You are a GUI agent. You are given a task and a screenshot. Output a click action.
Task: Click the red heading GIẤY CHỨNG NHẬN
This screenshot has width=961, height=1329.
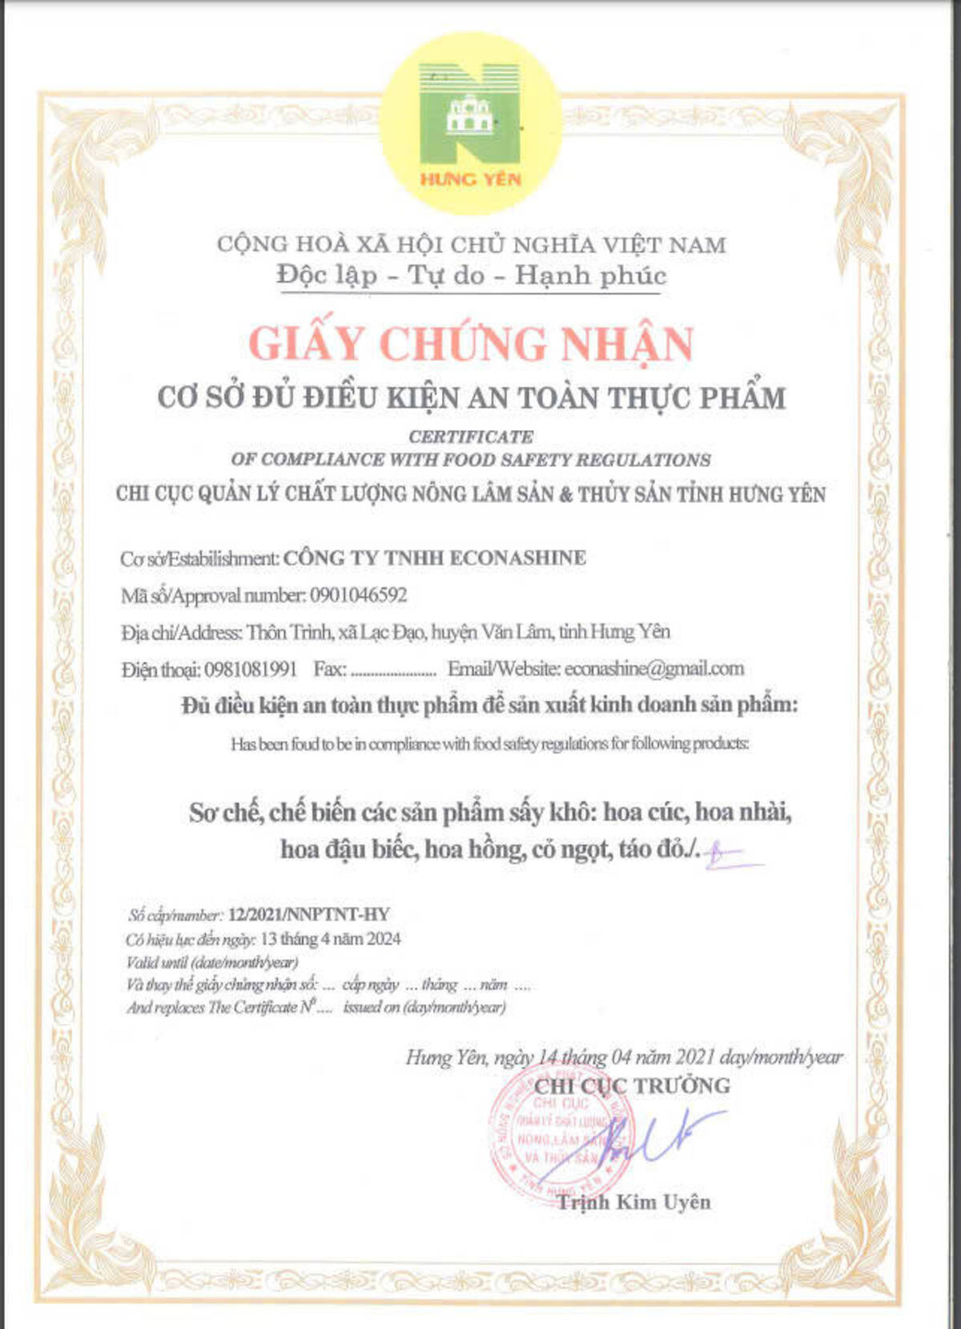pyautogui.click(x=471, y=344)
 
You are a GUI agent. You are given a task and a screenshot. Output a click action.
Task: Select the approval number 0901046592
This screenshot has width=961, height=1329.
pyautogui.click(x=358, y=595)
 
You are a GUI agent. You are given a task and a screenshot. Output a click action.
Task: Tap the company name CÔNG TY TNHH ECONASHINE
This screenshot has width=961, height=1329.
pyautogui.click(x=435, y=558)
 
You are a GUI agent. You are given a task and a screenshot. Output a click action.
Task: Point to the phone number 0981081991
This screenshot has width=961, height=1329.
pyautogui.click(x=251, y=669)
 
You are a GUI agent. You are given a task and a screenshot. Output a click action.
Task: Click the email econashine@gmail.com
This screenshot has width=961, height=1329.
pyautogui.click(x=653, y=668)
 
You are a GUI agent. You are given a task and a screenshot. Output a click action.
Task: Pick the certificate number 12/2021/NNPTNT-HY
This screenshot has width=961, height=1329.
pyautogui.click(x=308, y=915)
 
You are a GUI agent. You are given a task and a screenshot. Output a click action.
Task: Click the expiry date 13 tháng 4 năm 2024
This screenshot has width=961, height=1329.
pyautogui.click(x=331, y=939)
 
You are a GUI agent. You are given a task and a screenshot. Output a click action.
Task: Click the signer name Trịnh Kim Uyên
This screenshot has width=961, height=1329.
pyautogui.click(x=633, y=1202)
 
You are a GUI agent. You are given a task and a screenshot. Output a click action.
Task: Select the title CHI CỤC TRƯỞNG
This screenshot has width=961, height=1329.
pyautogui.click(x=632, y=1086)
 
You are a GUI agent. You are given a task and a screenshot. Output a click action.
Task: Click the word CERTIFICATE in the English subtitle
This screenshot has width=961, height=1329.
pyautogui.click(x=471, y=437)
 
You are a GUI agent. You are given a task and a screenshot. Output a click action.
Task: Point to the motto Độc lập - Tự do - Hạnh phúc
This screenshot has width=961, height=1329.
pyautogui.click(x=471, y=276)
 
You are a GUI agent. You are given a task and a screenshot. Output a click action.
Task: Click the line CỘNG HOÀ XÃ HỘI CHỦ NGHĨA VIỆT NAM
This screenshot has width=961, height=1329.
pyautogui.click(x=471, y=244)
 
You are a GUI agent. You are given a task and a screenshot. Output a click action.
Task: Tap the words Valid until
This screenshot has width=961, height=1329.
pyautogui.click(x=157, y=962)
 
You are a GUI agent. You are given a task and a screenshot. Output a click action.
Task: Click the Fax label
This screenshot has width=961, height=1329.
pyautogui.click(x=329, y=669)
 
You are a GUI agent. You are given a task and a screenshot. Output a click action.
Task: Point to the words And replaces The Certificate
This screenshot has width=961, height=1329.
pyautogui.click(x=212, y=1008)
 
